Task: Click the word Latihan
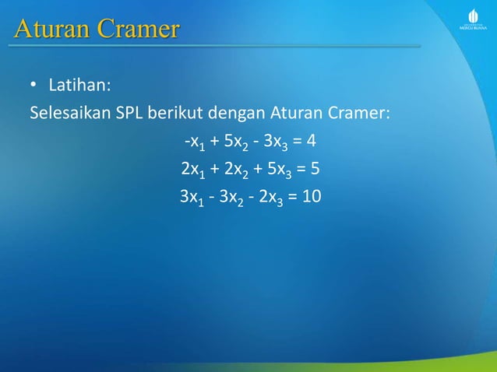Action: (x=75, y=83)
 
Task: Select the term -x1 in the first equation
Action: (x=192, y=142)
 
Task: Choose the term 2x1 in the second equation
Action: (x=191, y=170)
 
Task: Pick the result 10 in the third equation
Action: (x=311, y=196)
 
